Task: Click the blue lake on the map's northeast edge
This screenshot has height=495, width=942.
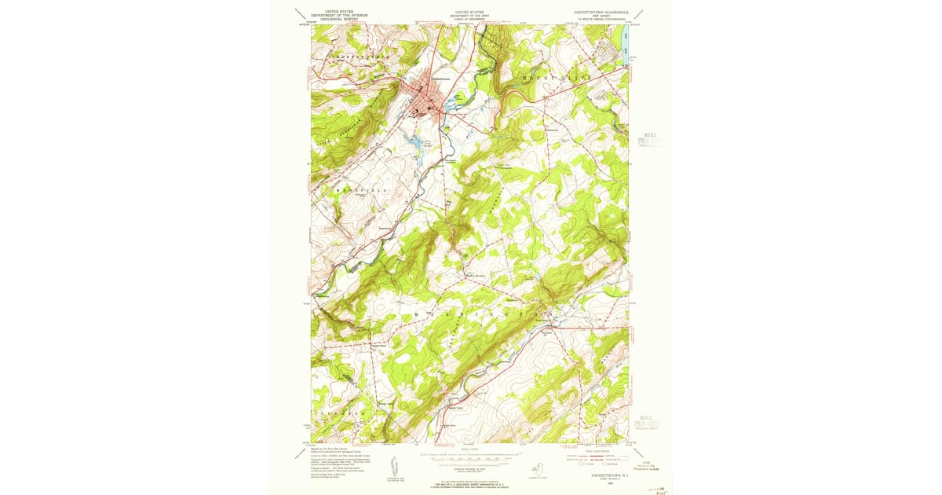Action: pos(625,44)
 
